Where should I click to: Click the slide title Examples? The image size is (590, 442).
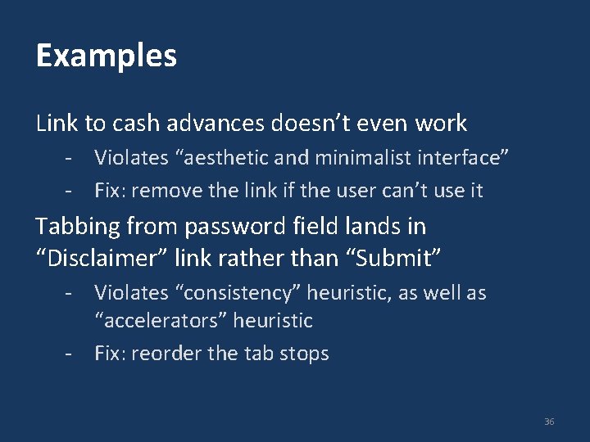point(107,56)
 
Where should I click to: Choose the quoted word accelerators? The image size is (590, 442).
point(160,320)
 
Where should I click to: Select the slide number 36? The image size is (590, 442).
point(549,422)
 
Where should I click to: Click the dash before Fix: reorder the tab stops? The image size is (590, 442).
point(72,354)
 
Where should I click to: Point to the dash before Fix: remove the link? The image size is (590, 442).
point(72,191)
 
